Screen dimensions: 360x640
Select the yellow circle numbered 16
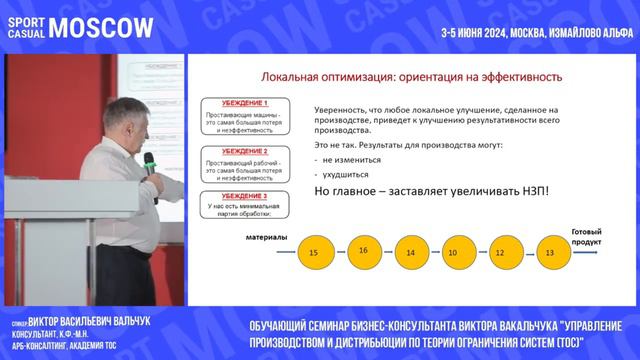click(x=363, y=250)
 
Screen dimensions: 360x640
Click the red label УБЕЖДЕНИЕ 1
click(x=245, y=103)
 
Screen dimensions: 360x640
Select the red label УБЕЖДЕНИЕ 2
click(x=245, y=150)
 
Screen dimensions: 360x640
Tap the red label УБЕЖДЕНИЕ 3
click(x=245, y=196)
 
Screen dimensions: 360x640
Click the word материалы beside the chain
click(x=266, y=238)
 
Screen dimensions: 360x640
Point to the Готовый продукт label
click(x=586, y=236)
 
